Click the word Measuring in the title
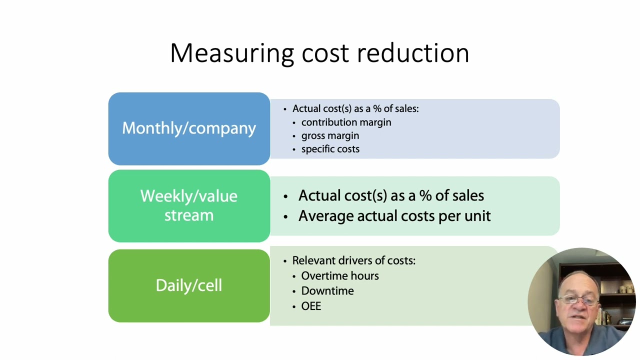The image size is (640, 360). click(x=232, y=53)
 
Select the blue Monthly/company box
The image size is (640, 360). click(x=189, y=128)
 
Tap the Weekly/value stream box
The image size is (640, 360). click(x=189, y=205)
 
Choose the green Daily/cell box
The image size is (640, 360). click(x=189, y=285)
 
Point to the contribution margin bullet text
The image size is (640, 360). click(x=346, y=122)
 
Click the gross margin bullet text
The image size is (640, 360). click(x=330, y=136)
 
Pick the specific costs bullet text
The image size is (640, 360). click(x=330, y=149)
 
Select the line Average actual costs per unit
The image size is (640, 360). click(x=394, y=216)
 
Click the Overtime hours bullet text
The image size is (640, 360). click(x=340, y=276)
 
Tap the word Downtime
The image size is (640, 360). click(x=327, y=291)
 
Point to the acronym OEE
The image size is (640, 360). click(x=311, y=306)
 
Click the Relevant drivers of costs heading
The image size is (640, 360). click(x=353, y=260)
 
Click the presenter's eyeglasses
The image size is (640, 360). click(x=578, y=300)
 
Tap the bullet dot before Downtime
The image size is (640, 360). click(x=294, y=291)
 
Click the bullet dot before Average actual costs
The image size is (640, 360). click(x=286, y=216)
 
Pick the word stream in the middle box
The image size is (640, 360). click(x=189, y=215)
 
